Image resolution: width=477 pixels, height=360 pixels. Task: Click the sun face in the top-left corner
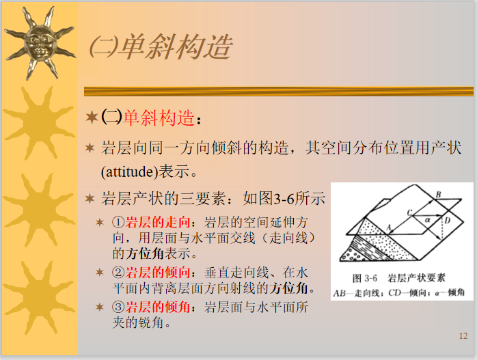[39, 42]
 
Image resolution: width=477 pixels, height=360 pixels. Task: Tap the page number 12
[463, 335]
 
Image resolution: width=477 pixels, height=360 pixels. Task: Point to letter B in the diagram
[439, 194]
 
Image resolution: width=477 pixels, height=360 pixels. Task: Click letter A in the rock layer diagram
[387, 226]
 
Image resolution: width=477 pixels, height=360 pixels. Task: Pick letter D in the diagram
[447, 221]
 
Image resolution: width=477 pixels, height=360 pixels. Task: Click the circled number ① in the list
[117, 223]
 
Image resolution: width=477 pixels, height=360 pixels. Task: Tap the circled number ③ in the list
[117, 307]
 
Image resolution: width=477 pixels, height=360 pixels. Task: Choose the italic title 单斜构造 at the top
[176, 47]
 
